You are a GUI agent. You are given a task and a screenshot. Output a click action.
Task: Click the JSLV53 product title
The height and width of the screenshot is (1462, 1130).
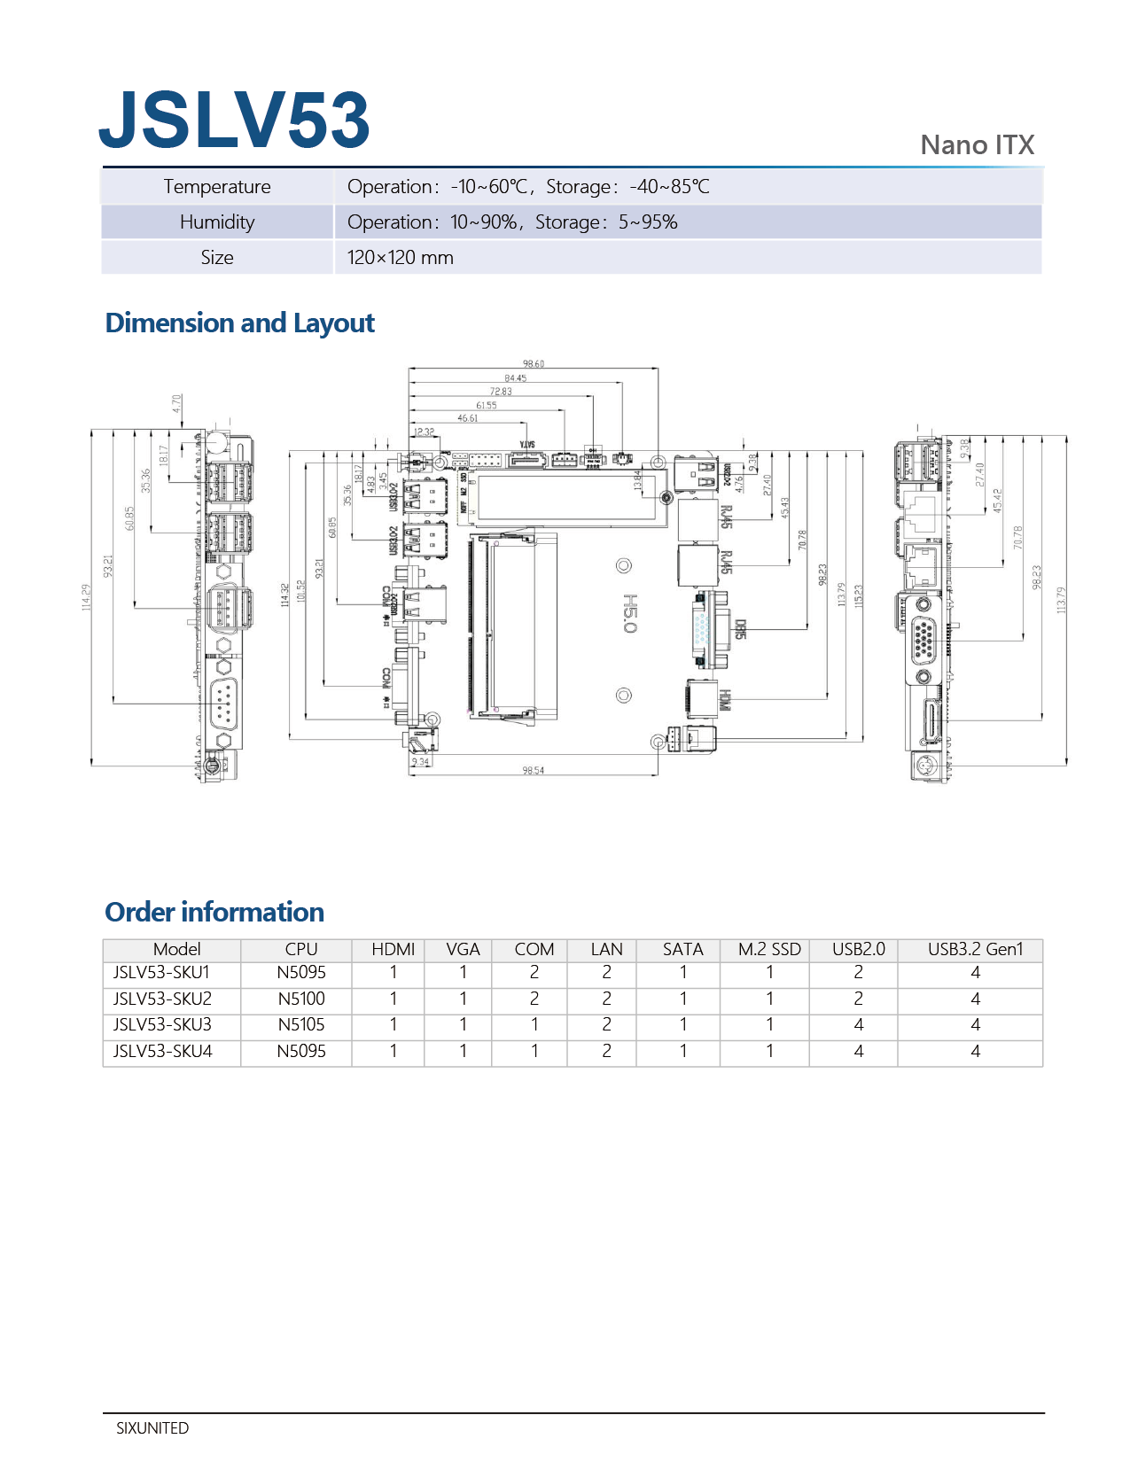point(234,120)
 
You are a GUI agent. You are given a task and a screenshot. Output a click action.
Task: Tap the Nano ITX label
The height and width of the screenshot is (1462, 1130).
point(977,145)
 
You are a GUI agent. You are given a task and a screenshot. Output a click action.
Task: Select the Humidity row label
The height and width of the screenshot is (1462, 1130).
point(217,222)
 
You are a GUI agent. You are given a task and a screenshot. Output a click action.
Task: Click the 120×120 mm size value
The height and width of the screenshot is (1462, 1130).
point(400,258)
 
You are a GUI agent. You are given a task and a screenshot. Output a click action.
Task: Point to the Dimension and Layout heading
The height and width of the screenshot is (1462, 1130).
point(239,323)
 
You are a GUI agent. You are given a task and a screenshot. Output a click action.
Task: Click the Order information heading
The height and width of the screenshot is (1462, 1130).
point(214,913)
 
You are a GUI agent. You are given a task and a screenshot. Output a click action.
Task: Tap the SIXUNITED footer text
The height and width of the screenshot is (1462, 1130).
point(152,1428)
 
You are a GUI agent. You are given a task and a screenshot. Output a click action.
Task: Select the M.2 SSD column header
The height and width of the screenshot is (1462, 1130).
point(769,950)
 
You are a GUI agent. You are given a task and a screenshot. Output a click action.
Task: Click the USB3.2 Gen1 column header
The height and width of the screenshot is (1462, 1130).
point(975,950)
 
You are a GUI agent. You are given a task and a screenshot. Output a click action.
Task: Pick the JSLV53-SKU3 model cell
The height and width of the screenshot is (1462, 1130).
point(162,1025)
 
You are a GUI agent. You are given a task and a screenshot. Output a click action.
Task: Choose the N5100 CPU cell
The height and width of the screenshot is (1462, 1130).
point(301,999)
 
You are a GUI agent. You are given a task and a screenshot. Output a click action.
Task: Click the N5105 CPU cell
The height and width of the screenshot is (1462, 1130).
point(301,1025)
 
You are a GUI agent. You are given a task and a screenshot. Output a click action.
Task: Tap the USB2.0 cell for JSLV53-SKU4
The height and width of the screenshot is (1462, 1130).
point(858,1052)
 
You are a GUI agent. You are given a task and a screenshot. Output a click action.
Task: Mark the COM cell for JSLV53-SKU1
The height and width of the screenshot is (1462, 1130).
point(534,973)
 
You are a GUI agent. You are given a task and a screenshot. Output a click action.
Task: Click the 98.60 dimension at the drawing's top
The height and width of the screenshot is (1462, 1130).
point(534,364)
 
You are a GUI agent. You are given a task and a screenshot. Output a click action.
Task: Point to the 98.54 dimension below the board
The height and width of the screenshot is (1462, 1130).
point(534,771)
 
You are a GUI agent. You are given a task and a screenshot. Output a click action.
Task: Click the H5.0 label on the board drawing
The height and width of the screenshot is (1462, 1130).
point(629,613)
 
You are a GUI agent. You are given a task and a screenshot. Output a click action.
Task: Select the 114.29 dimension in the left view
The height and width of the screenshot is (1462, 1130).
point(86,596)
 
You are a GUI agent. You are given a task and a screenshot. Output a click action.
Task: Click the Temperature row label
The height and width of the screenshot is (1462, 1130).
point(217,187)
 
